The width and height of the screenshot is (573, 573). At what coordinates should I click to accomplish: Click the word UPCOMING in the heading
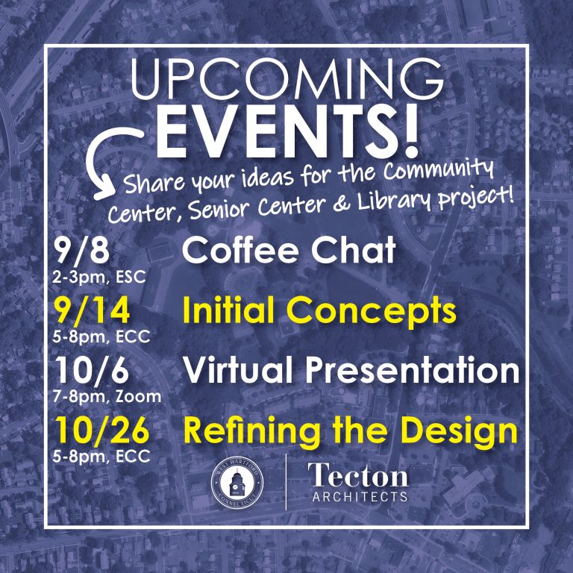287,79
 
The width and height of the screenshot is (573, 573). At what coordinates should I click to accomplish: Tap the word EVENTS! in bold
287,131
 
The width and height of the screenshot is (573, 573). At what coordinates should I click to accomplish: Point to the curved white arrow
106,161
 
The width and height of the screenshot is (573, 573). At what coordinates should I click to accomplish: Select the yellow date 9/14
91,310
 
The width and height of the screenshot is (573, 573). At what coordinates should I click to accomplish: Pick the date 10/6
92,369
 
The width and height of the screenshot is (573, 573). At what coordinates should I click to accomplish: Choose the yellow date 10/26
102,431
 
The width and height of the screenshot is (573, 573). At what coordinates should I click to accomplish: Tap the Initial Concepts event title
319,310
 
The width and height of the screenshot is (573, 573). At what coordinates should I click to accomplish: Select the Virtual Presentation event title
351,369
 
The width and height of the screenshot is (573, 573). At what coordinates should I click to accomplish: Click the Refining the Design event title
351,431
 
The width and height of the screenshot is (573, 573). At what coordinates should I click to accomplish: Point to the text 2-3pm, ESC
99,278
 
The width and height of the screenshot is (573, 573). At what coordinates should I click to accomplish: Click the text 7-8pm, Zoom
107,396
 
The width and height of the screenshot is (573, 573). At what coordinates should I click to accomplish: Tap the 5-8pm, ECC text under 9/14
101,336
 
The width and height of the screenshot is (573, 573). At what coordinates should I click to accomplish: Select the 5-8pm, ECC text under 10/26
101,457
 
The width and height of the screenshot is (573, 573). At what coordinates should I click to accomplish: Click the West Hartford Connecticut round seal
237,483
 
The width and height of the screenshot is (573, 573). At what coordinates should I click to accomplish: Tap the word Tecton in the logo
358,475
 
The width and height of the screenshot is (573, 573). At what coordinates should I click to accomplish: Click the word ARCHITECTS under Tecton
360,497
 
